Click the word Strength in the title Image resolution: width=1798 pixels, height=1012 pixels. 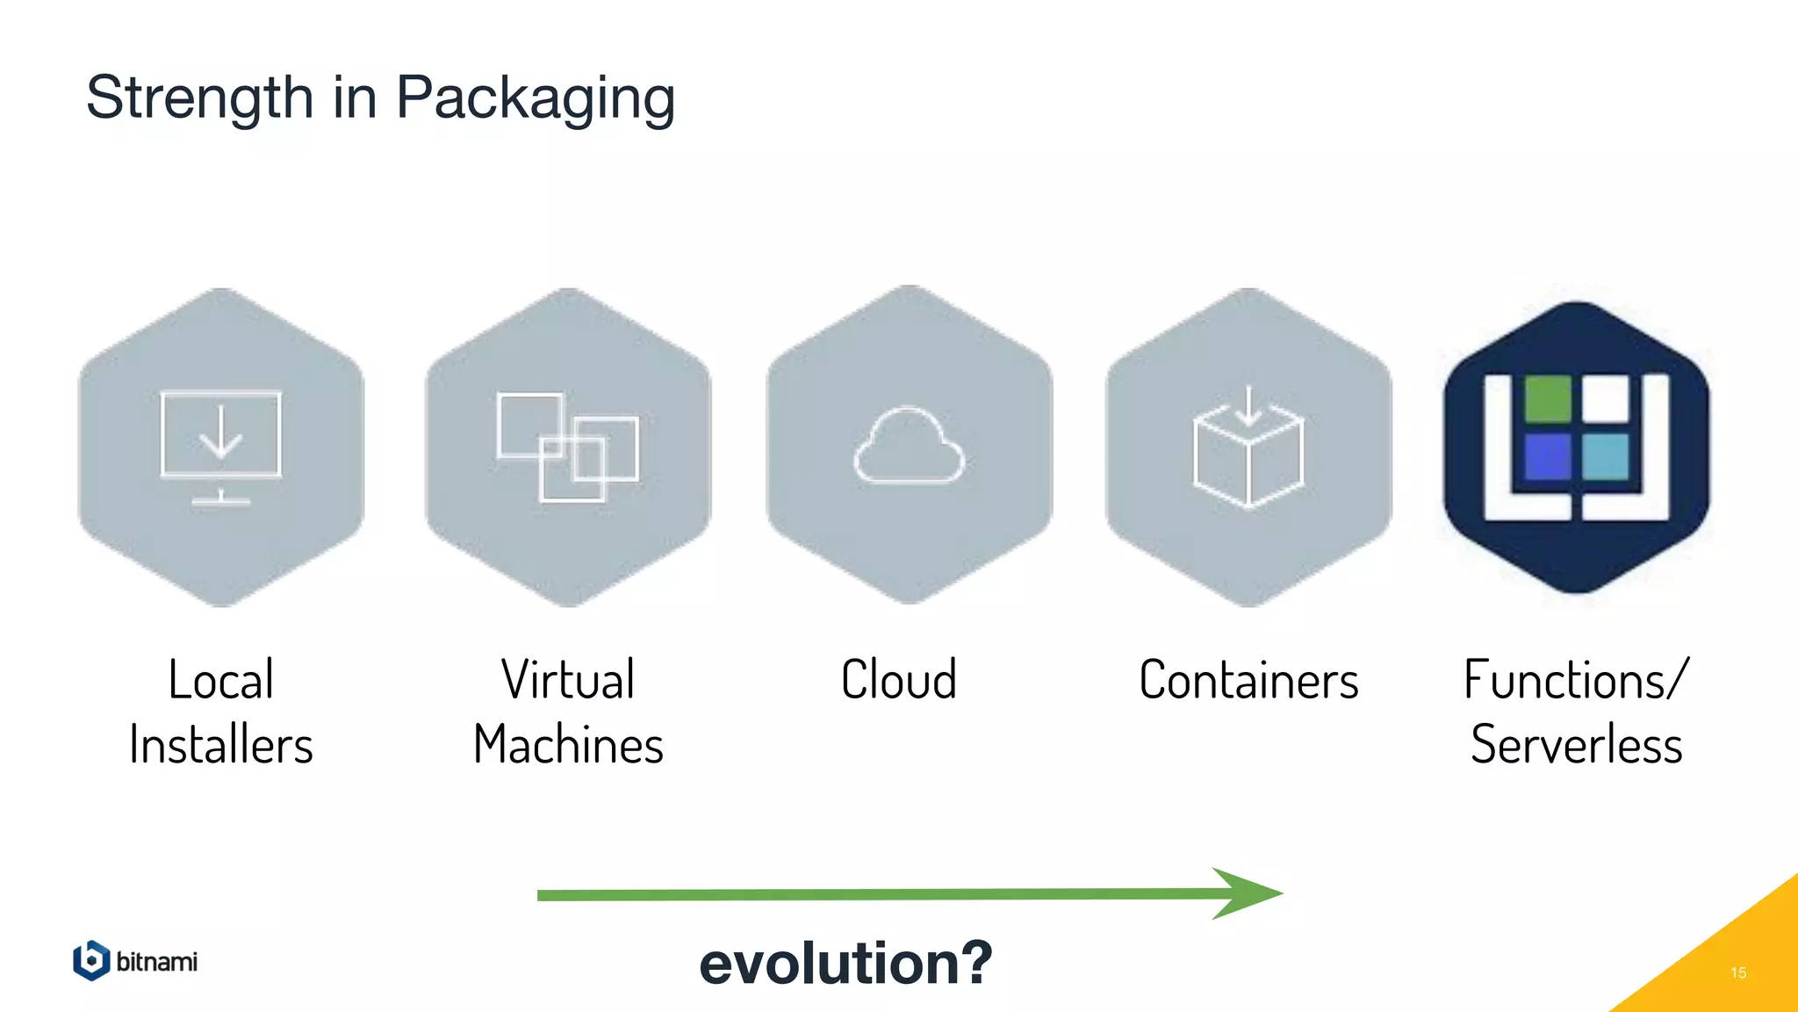[199, 98]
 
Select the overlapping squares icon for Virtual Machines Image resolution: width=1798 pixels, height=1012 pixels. [568, 447]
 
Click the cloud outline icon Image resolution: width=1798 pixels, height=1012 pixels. [909, 447]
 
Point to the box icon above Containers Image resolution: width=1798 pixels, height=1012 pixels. [1248, 450]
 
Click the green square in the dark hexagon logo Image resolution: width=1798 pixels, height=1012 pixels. [1547, 398]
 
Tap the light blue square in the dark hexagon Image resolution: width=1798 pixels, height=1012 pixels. [1606, 456]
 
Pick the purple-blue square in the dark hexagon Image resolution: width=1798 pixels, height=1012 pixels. [1547, 456]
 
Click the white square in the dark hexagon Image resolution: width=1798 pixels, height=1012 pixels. [1606, 398]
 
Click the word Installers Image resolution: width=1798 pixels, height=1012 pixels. [220, 745]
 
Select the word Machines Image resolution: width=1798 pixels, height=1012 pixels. [568, 745]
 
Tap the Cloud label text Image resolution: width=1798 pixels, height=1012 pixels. [899, 680]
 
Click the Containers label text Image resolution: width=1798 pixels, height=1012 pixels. [1248, 681]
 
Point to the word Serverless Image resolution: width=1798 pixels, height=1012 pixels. [1576, 745]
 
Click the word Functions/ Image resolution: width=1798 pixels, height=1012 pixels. [1576, 681]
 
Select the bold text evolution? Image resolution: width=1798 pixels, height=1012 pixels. [845, 963]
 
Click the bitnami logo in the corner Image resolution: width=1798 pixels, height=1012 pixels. [135, 961]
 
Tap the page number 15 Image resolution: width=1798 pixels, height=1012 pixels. [1737, 972]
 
